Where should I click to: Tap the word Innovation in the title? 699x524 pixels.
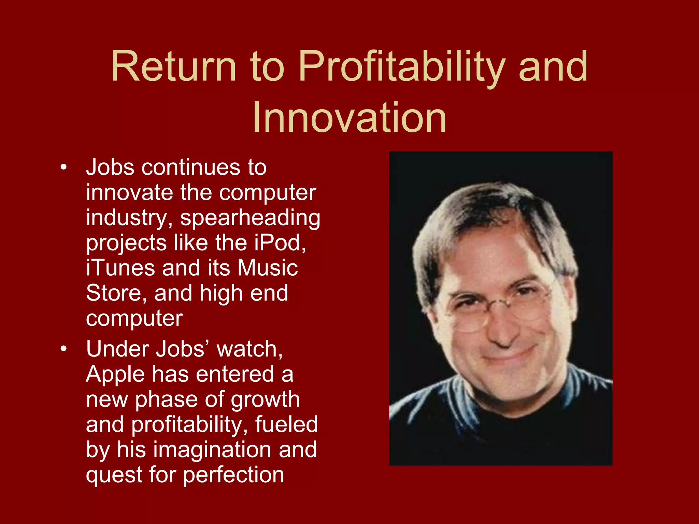(349, 118)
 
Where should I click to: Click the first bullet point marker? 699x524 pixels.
(63, 168)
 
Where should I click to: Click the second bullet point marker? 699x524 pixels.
(63, 349)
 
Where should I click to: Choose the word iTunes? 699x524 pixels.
(120, 268)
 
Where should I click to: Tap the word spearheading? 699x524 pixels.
(250, 218)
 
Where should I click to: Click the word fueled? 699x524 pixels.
(286, 425)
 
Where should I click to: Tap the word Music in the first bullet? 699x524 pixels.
(268, 268)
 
